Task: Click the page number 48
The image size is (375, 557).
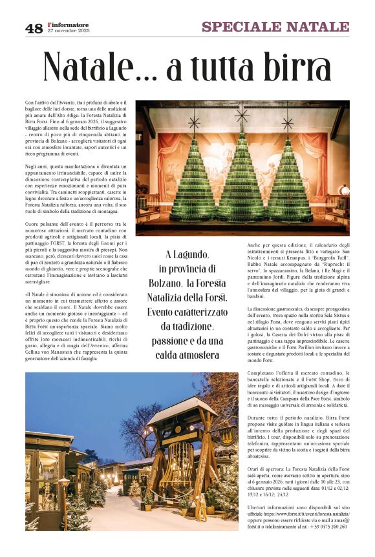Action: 34,28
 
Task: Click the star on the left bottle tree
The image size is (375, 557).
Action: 194,121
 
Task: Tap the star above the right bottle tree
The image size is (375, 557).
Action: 288,121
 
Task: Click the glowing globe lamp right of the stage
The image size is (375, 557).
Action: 345,190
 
